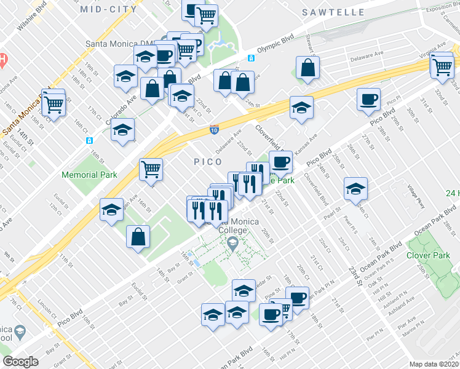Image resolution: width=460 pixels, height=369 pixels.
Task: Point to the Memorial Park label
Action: pos(89,175)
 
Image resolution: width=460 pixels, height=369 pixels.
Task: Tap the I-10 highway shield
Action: pos(213,129)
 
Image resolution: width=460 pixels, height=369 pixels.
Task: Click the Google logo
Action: pos(20,362)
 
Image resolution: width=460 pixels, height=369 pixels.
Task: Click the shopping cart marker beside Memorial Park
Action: pos(151,169)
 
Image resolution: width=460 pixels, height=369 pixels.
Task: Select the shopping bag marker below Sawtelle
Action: pos(307,68)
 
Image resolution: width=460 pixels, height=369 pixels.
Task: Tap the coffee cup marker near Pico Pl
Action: pos(368,100)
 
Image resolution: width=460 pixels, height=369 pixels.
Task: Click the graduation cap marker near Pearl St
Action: pos(355,189)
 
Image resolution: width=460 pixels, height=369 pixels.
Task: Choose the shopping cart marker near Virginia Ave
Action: pos(442,65)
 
